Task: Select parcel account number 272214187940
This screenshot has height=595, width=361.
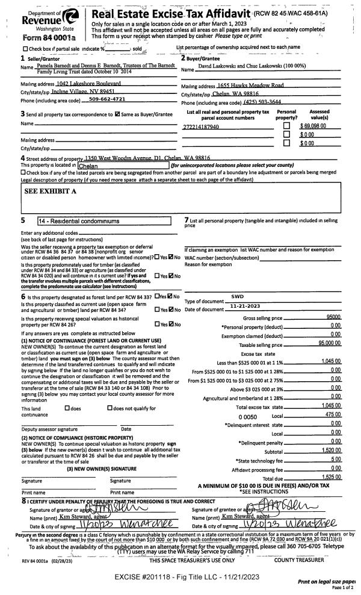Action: (x=202, y=128)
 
